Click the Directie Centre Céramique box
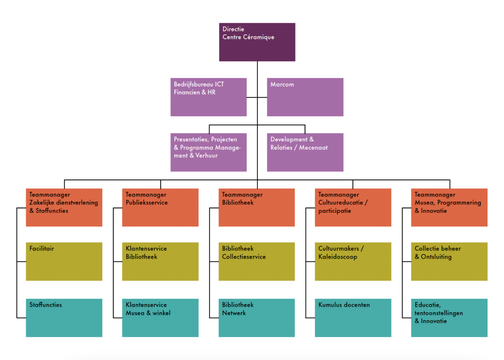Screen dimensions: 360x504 click(257, 42)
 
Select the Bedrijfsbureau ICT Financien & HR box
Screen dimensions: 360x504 click(208, 97)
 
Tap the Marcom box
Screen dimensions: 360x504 click(305, 97)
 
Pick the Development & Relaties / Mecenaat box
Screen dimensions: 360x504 click(305, 152)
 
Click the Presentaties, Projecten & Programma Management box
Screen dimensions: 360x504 click(208, 152)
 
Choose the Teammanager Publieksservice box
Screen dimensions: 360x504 click(160, 207)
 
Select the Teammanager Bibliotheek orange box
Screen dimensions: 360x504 click(257, 207)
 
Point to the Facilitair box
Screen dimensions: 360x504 click(64, 261)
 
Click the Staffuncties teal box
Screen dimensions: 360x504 click(64, 318)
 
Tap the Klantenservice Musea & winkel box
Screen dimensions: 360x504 click(160, 318)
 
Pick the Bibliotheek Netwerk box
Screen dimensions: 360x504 click(257, 318)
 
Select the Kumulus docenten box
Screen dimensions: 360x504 click(353, 318)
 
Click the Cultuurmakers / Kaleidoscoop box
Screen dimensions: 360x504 click(353, 261)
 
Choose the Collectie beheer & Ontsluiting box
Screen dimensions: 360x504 click(449, 261)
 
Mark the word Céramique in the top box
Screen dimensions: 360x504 click(258, 37)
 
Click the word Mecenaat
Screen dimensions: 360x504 click(313, 148)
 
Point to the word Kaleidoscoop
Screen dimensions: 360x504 click(338, 257)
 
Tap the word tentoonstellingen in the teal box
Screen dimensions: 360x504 click(438, 313)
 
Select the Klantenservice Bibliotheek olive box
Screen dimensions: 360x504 click(160, 261)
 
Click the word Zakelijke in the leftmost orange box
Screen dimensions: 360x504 click(42, 203)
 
